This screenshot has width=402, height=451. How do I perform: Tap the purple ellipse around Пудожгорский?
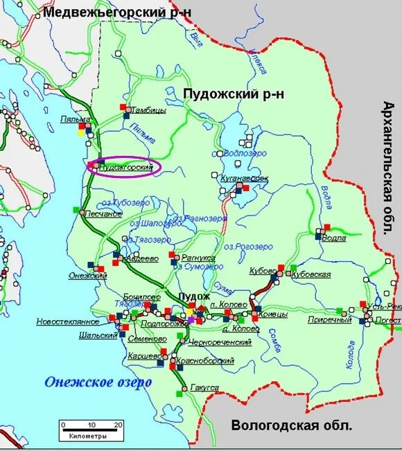(123, 167)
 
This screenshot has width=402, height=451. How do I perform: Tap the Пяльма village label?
(76, 119)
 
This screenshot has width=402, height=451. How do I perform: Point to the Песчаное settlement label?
(104, 214)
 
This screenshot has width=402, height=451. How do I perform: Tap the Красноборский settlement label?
(209, 361)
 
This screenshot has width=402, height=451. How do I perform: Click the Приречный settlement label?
(330, 319)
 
